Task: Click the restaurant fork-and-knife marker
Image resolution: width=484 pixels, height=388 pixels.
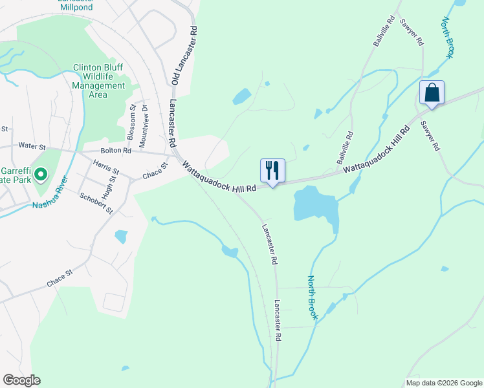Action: coord(272,171)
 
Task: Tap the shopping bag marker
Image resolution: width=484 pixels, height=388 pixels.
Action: coord(432,92)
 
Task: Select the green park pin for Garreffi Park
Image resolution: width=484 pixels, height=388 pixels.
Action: coord(40,173)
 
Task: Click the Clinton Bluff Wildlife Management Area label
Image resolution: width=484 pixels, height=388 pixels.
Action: coord(98,81)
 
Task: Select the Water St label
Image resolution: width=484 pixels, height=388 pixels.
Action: coord(34,146)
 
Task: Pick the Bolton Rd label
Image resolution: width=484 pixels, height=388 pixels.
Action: coord(116,151)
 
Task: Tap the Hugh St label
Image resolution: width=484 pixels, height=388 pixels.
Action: coord(115,188)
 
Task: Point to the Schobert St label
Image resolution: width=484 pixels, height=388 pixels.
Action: coord(96,203)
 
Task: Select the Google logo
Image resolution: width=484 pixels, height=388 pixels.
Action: coord(21,380)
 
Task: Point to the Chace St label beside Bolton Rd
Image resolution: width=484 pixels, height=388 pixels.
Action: coord(155,170)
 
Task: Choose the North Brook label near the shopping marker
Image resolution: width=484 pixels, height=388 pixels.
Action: coord(446,38)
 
